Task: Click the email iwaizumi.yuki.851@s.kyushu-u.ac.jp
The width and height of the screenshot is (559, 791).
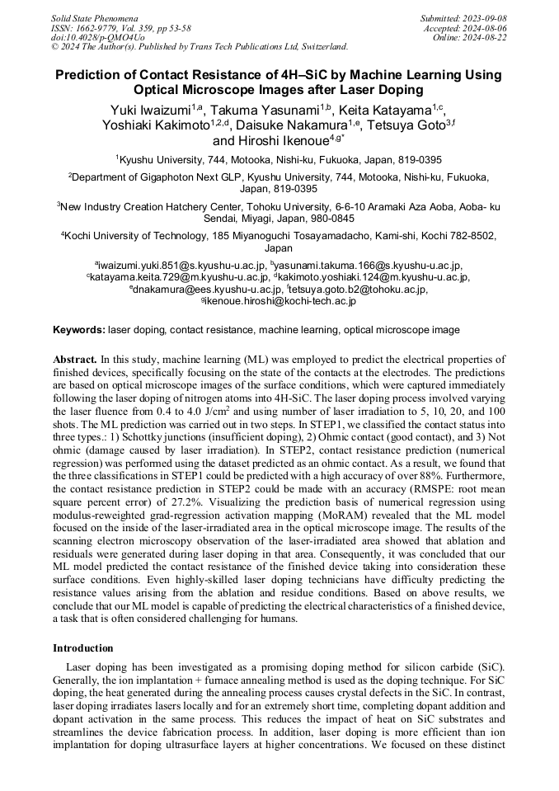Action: [x=182, y=266]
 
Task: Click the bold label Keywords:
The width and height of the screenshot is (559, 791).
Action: [x=79, y=330]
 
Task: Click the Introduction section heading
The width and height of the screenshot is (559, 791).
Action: [x=82, y=648]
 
